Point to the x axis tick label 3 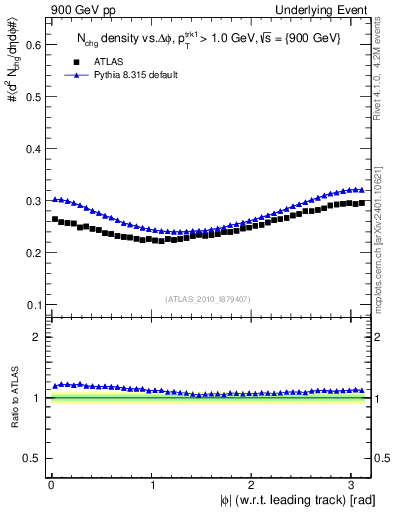tap(357, 485)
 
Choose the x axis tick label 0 tap(51, 485)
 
